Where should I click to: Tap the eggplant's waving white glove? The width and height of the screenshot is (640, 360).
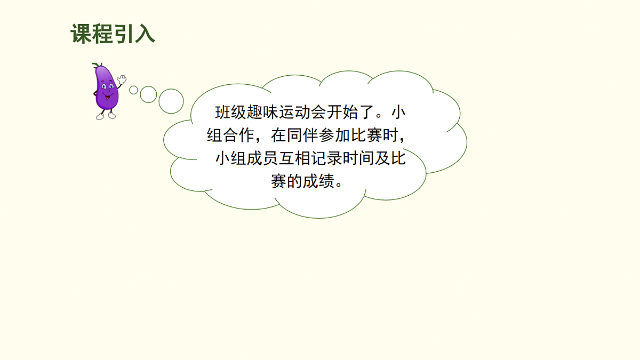pos(122,79)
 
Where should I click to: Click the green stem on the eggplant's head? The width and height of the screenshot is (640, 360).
pos(97,66)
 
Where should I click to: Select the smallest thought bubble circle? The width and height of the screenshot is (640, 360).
pos(133,90)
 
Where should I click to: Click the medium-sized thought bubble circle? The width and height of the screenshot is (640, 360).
pos(148,94)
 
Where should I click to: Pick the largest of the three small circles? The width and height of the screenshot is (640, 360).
pos(171,101)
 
